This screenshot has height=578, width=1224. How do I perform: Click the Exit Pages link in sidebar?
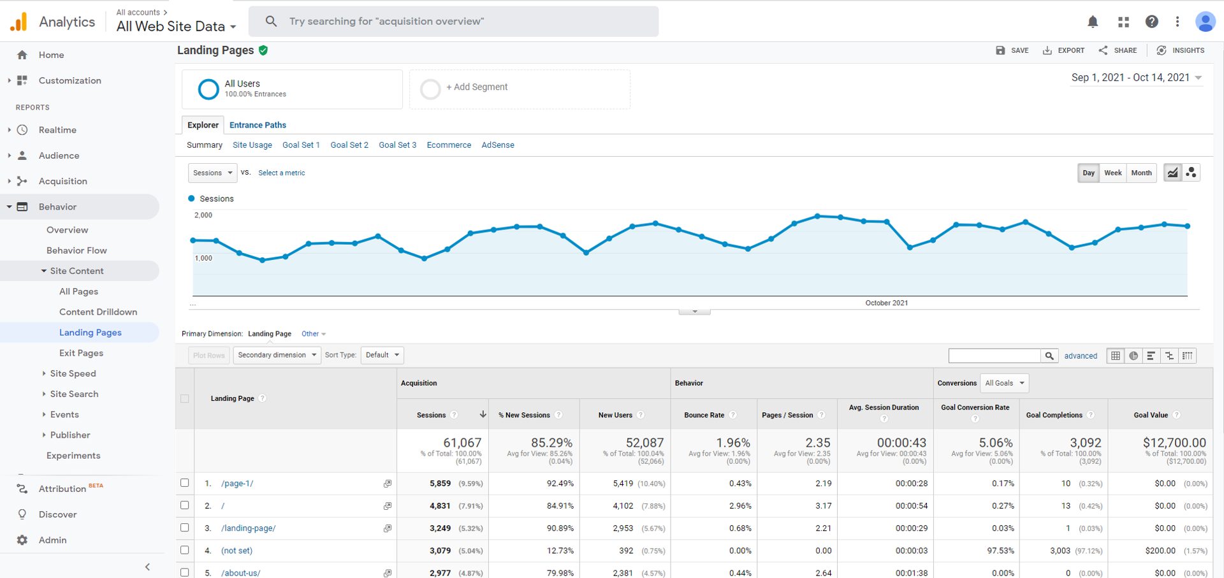tap(81, 353)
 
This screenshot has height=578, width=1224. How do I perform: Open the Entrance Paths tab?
tap(258, 125)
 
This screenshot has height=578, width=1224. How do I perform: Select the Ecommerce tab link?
tap(449, 145)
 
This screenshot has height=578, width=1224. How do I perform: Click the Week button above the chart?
tap(1112, 173)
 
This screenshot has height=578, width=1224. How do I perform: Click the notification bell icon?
tap(1093, 22)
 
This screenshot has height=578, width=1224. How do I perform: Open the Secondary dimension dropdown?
tap(277, 355)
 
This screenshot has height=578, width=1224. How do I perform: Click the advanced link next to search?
tap(1081, 356)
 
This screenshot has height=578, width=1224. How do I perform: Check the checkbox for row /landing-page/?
tap(185, 528)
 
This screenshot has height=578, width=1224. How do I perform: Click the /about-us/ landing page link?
tap(241, 573)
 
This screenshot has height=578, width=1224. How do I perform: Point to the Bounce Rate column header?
tap(704, 415)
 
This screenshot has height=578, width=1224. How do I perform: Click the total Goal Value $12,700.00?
tap(1174, 442)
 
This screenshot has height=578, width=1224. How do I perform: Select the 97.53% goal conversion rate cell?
tap(1000, 551)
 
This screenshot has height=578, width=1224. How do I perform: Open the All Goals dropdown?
tap(1004, 383)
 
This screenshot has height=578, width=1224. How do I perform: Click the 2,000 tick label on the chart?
tap(203, 215)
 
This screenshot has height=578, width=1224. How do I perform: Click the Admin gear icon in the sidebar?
tap(22, 540)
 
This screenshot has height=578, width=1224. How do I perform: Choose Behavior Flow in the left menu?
tap(76, 250)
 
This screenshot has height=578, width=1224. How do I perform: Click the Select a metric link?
tap(281, 173)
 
